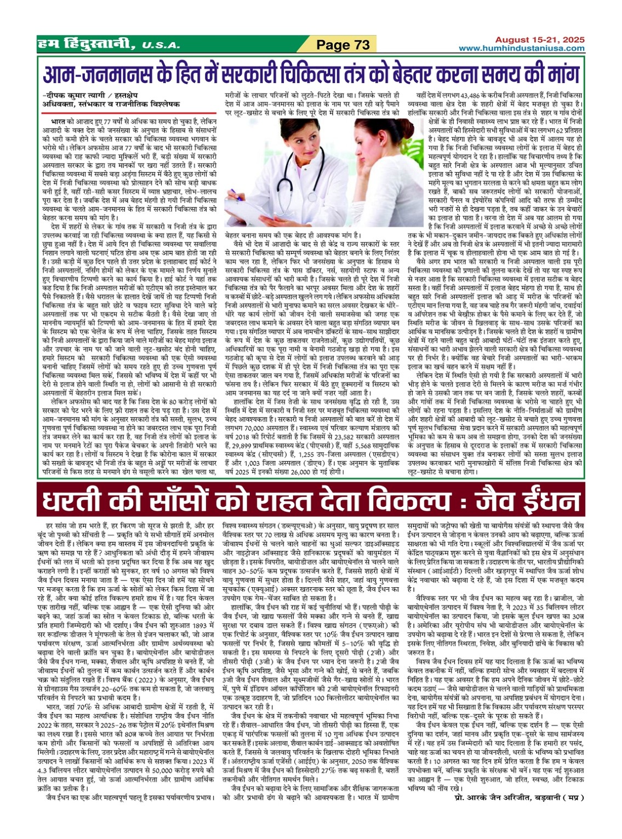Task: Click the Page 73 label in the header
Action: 344,45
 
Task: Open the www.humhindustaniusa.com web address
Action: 522,49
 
